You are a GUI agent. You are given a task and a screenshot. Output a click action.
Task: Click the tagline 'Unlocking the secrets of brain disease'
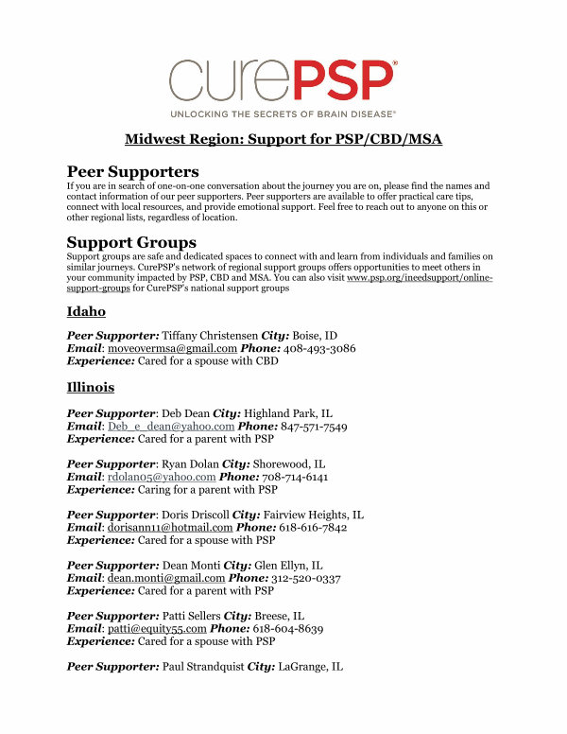point(283,113)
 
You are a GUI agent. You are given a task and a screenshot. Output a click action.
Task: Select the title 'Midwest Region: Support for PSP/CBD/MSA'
point(283,140)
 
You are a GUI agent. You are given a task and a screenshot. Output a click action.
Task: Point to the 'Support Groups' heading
point(131,242)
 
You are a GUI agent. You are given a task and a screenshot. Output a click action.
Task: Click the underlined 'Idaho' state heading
point(85,311)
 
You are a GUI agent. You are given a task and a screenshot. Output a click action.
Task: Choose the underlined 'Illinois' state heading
point(91,388)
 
